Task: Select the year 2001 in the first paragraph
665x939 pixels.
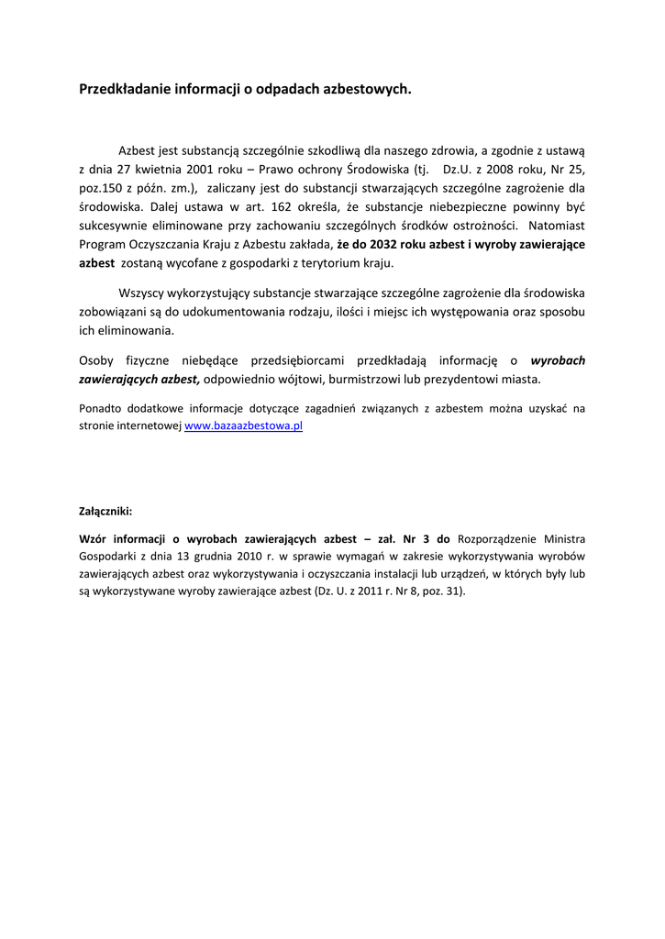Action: [x=200, y=170]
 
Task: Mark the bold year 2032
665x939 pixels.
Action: [x=384, y=245]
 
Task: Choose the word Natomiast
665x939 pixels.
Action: [x=557, y=226]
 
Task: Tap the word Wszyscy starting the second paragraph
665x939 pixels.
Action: [x=141, y=293]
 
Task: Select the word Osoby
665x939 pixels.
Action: [x=97, y=360]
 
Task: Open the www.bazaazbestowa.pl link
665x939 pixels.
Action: [x=243, y=426]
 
